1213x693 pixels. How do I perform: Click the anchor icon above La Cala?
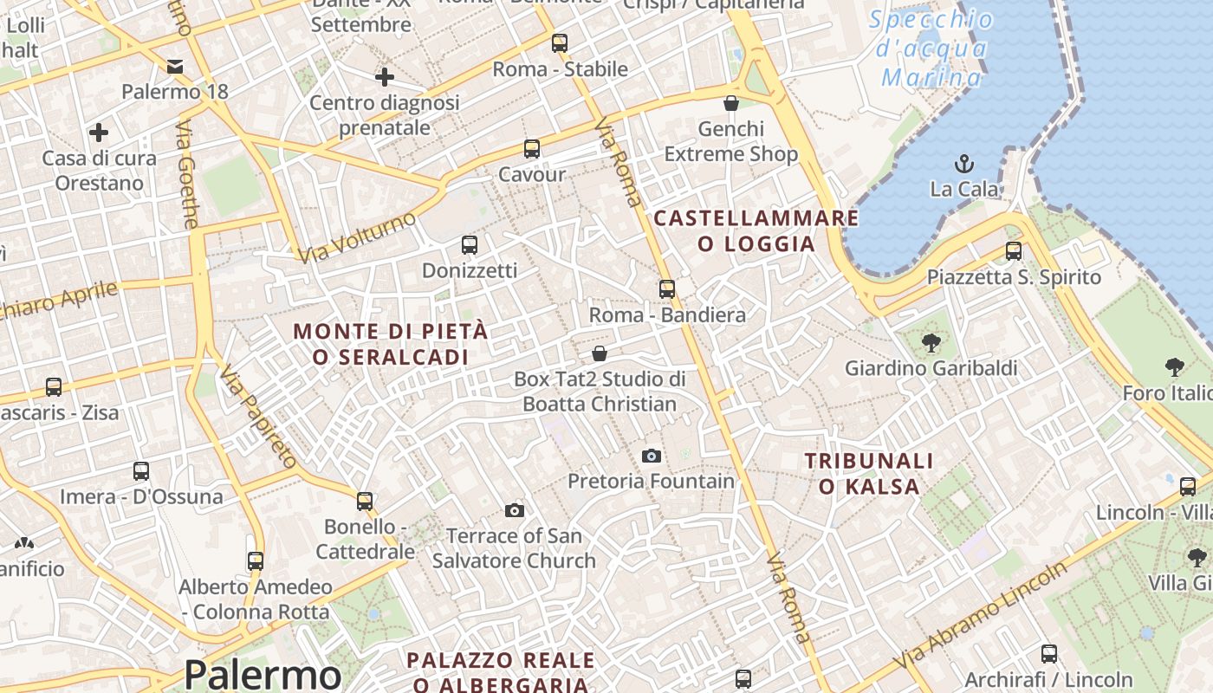pos(963,163)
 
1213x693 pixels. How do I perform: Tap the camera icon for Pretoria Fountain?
pos(652,456)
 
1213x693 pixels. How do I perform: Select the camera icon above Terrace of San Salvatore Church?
pos(515,510)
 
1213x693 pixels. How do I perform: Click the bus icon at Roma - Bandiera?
pos(666,289)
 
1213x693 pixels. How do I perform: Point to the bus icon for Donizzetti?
pos(470,245)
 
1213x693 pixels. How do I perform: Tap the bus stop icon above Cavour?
pos(532,149)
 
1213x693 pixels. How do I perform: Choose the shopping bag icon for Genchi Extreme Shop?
pos(731,103)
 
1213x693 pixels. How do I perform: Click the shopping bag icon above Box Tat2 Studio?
pos(599,353)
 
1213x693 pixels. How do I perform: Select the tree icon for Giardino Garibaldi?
pos(931,343)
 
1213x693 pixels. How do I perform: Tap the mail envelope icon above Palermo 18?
pos(175,67)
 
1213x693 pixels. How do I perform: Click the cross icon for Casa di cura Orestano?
pos(99,133)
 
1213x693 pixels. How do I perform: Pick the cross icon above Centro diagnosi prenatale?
pos(385,77)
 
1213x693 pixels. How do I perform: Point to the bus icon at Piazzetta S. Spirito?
pos(1014,252)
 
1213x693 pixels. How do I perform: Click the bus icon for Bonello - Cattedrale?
pos(365,502)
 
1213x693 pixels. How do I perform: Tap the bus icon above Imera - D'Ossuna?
pos(141,472)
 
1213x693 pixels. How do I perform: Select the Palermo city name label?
pos(263,674)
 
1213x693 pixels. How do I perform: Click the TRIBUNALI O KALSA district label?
pos(869,474)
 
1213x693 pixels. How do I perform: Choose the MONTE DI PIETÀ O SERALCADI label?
pos(391,344)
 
